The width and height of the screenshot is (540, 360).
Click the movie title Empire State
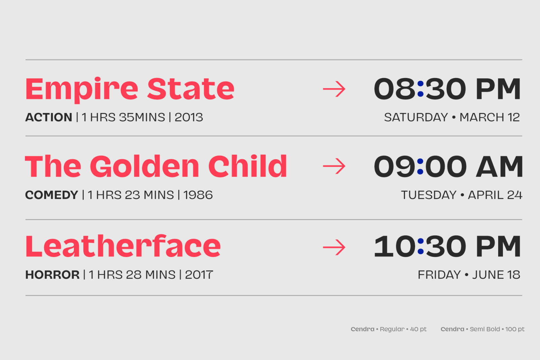[x=130, y=90]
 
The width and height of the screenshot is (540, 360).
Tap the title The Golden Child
[x=156, y=166]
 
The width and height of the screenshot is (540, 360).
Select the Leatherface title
[x=123, y=245]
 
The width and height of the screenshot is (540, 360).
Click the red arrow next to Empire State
[x=334, y=89]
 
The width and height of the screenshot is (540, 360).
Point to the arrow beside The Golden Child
[x=334, y=166]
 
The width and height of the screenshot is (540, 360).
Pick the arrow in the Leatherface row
[x=334, y=247]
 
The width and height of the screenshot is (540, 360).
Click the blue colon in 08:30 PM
[x=420, y=89]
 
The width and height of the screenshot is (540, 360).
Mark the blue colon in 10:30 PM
[x=420, y=246]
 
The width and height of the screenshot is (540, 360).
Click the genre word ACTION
[x=49, y=117]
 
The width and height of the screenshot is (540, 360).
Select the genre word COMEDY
[x=52, y=195]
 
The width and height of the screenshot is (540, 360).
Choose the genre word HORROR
[x=52, y=275]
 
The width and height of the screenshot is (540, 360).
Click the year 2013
[x=189, y=117]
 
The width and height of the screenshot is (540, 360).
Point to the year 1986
[x=198, y=195]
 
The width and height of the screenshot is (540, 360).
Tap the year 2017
[x=199, y=275]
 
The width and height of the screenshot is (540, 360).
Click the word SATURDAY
[x=416, y=117]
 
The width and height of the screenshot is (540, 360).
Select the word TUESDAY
[x=429, y=195]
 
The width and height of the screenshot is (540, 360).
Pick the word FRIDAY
[x=439, y=275]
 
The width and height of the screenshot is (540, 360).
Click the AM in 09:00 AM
[x=500, y=166]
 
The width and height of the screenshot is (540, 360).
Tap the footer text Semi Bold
[x=485, y=329]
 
